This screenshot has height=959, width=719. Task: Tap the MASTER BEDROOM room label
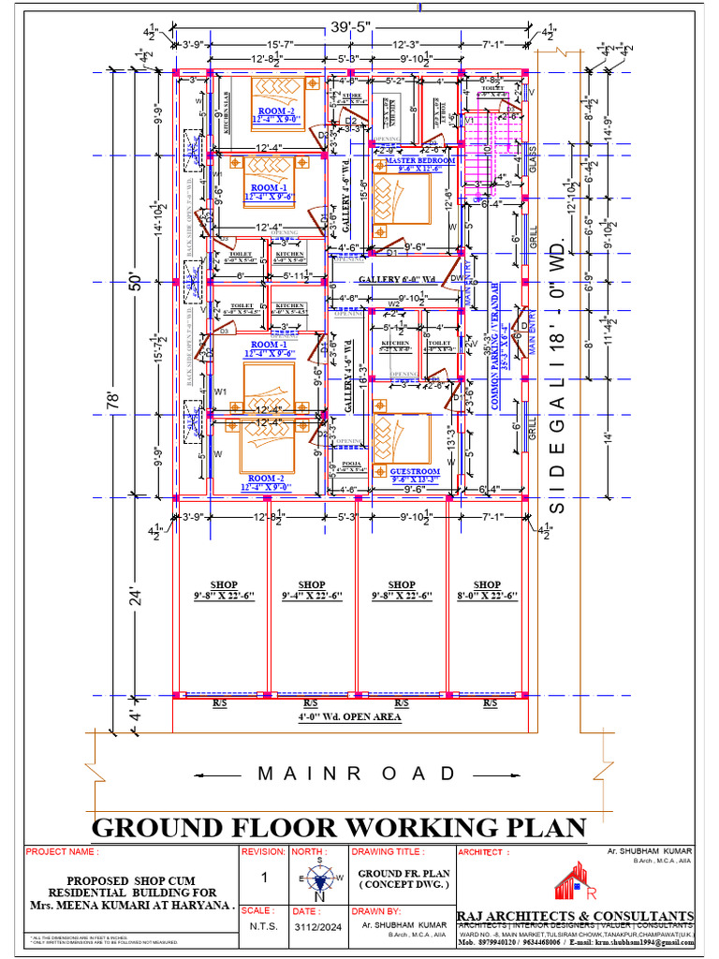(x=420, y=161)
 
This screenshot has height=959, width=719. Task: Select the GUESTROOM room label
(x=415, y=472)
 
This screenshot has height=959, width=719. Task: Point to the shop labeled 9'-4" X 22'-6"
(x=311, y=590)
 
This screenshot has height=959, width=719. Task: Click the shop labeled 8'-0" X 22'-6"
(x=487, y=590)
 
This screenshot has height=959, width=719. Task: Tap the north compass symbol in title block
(x=319, y=880)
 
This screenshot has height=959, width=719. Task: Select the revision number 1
(x=264, y=878)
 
